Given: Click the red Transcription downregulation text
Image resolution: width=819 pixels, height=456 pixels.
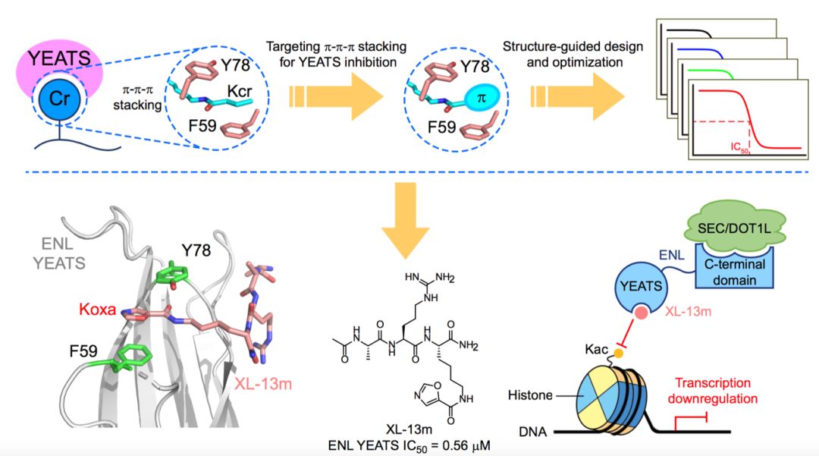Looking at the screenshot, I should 724,391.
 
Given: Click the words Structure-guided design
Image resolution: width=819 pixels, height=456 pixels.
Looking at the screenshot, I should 573,46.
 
